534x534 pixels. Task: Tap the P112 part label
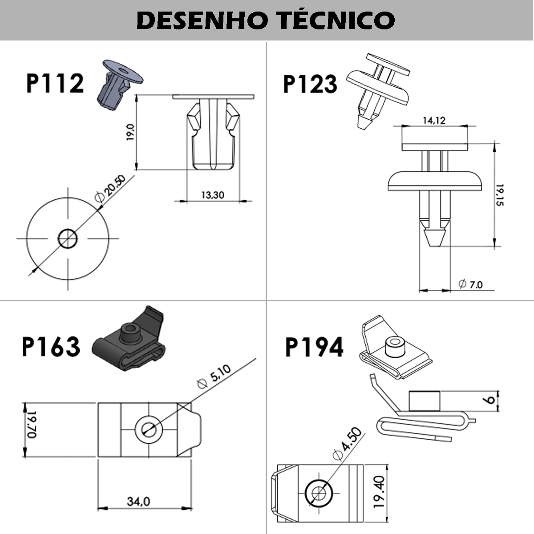pyautogui.click(x=55, y=83)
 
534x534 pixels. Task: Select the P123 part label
pyautogui.click(x=310, y=84)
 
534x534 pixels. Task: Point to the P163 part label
pyautogui.click(x=51, y=347)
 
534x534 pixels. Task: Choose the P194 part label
pyautogui.click(x=314, y=347)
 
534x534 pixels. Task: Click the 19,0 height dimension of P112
pyautogui.click(x=129, y=133)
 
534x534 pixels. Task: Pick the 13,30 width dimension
pyautogui.click(x=213, y=195)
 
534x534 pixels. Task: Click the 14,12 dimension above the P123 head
pyautogui.click(x=434, y=120)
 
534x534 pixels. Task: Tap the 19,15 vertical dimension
pyautogui.click(x=500, y=195)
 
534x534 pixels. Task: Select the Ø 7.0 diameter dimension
pyautogui.click(x=470, y=284)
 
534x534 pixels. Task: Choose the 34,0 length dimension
pyautogui.click(x=138, y=502)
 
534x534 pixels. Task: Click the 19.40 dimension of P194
pyautogui.click(x=379, y=492)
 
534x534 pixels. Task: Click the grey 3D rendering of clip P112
pyautogui.click(x=118, y=82)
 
